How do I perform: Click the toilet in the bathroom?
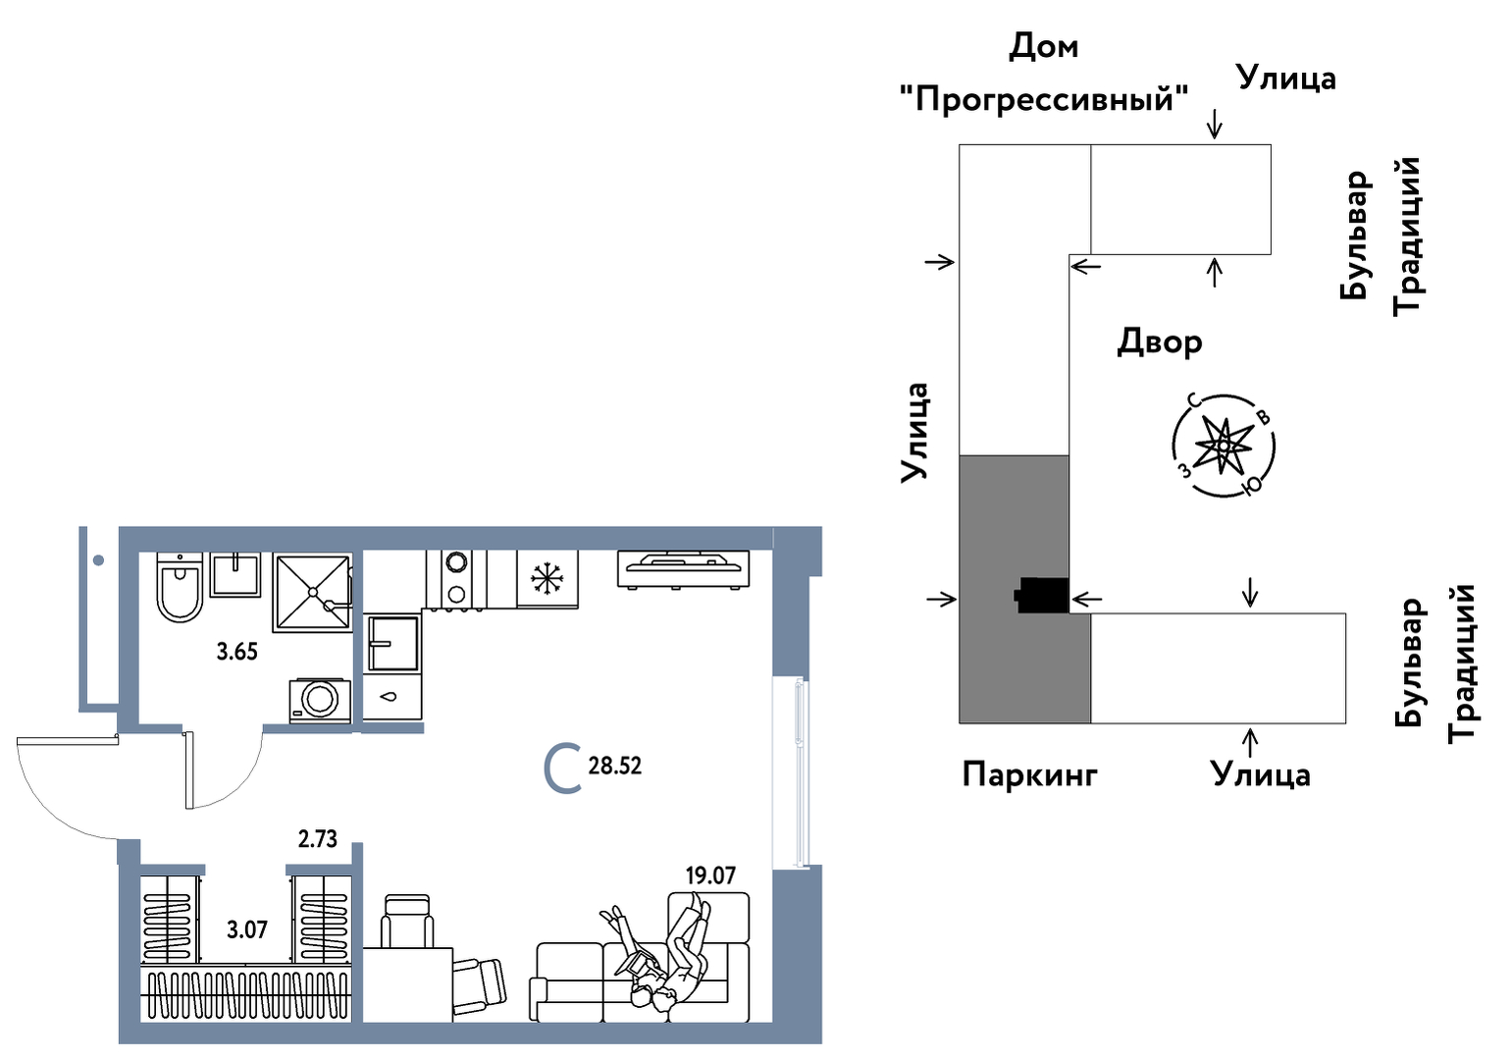point(180,588)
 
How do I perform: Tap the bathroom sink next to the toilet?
point(235,574)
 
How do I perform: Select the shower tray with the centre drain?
point(313,592)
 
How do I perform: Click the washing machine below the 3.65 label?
point(320,700)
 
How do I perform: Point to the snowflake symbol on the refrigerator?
point(547,579)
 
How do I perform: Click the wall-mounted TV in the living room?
point(683,568)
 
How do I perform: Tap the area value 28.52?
point(615,766)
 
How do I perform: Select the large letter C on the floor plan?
point(562,768)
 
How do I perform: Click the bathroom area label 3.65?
point(237,652)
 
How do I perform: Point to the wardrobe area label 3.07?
point(247,929)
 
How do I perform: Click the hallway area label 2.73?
point(318,839)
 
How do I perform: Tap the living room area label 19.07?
point(710,874)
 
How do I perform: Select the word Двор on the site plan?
point(1160,343)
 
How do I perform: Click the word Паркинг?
point(1029,774)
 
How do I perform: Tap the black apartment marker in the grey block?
point(1042,595)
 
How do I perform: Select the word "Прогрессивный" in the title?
point(1044,98)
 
